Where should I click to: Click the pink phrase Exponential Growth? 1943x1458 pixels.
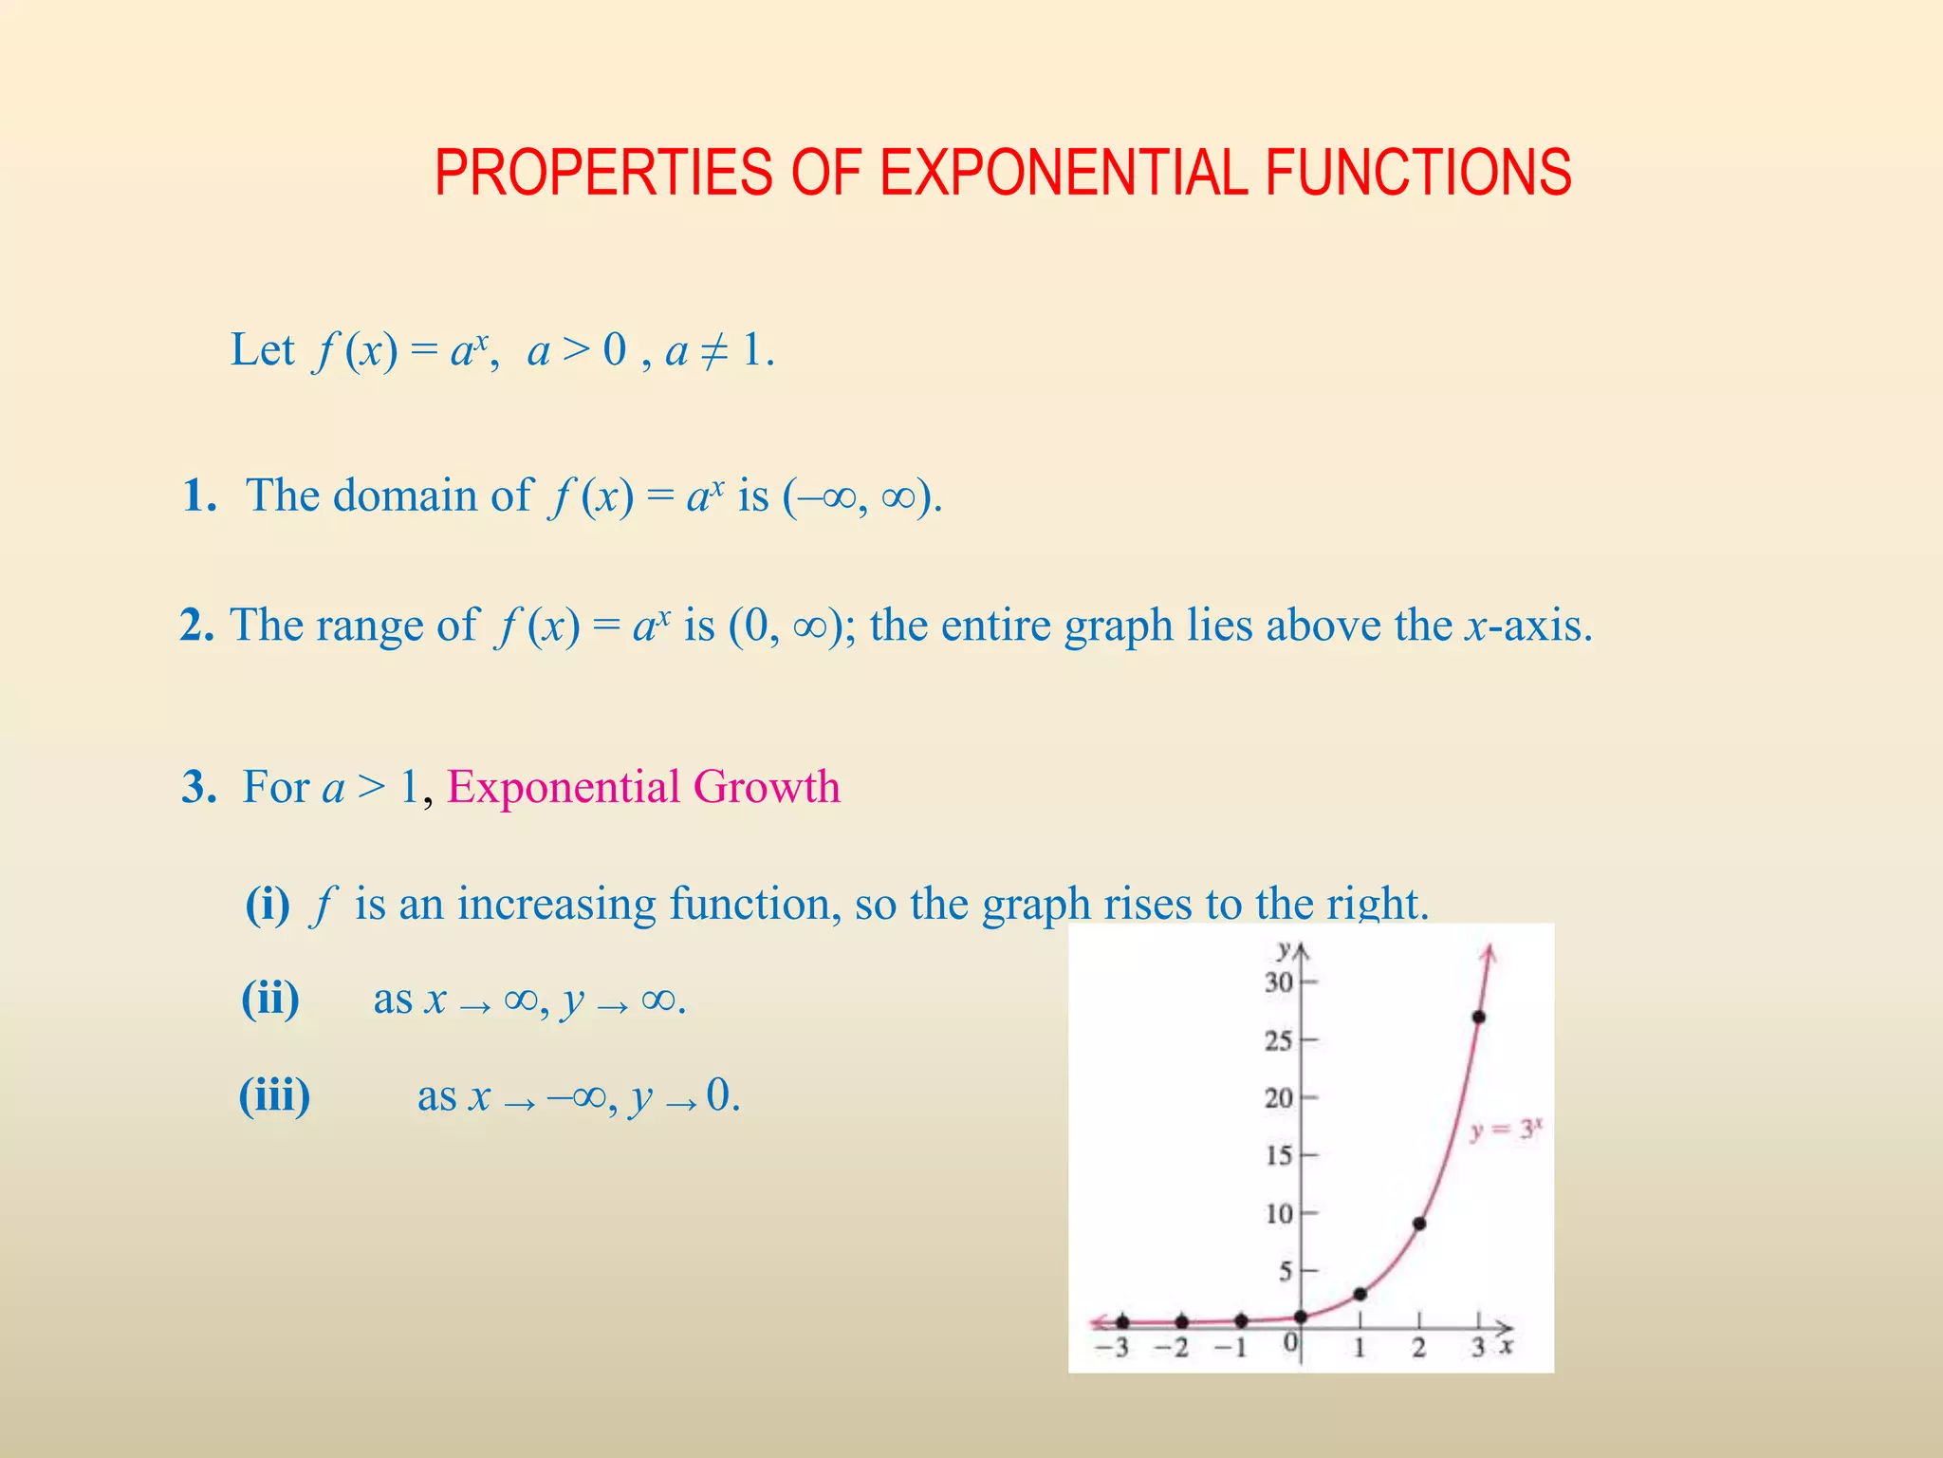pos(643,787)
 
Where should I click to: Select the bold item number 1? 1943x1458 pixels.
pos(199,495)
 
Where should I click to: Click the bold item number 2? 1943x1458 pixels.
pos(196,626)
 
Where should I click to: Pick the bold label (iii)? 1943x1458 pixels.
pos(274,1095)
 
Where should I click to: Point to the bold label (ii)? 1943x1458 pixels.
pos(270,999)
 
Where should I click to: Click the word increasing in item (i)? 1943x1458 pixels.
pos(556,904)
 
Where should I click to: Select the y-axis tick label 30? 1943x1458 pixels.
pos(1278,982)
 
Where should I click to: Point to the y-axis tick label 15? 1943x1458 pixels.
pos(1278,1155)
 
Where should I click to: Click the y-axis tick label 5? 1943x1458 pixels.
pos(1285,1271)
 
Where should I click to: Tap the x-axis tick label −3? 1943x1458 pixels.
pos(1112,1348)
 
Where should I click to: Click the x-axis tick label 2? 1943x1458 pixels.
pos(1418,1348)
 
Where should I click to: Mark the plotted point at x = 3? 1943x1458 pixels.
pos(1478,1017)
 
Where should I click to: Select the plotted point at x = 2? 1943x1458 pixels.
pos(1419,1224)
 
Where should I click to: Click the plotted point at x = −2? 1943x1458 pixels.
pos(1181,1321)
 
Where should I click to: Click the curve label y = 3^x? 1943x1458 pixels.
pos(1506,1130)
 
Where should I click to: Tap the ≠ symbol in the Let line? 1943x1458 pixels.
pos(712,351)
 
